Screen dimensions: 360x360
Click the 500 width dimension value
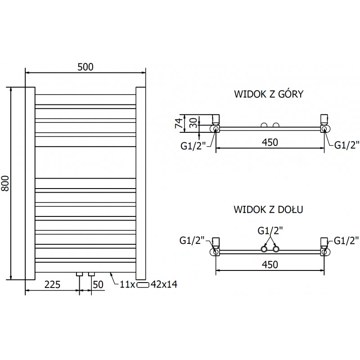(x=85, y=67)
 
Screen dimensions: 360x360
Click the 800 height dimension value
(x=6, y=182)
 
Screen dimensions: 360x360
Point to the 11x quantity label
(x=128, y=284)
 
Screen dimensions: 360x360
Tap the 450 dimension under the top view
(x=270, y=142)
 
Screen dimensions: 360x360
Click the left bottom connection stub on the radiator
(x=80, y=274)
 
